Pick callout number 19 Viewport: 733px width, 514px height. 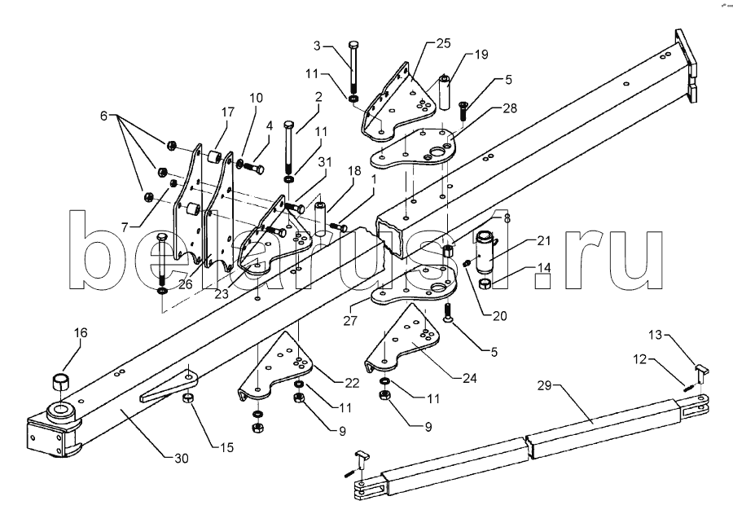pos(482,55)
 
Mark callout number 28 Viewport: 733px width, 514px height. pos(487,108)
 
